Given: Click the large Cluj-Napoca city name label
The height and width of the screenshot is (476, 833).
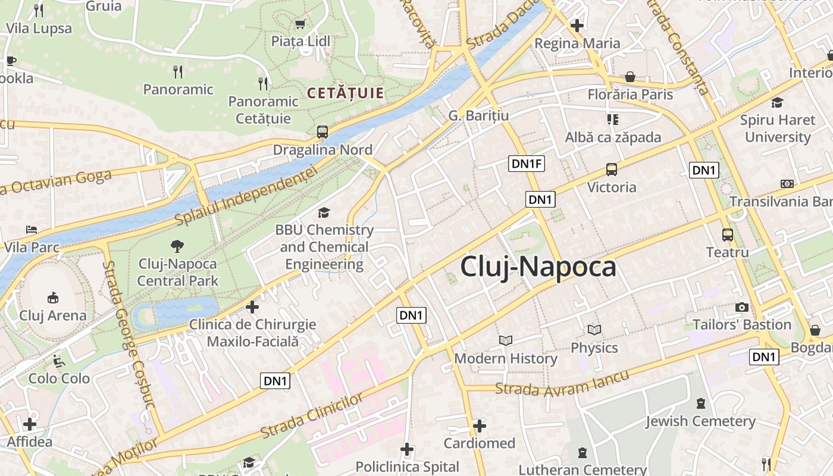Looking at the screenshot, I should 538,267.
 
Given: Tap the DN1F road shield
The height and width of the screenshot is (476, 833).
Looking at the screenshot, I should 527,164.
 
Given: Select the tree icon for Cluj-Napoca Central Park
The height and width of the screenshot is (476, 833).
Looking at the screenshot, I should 177,246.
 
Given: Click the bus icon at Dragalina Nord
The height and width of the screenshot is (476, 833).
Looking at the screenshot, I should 322,132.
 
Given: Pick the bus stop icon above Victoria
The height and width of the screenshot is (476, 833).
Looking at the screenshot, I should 612,170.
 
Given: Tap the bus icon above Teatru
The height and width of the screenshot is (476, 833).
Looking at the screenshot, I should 728,234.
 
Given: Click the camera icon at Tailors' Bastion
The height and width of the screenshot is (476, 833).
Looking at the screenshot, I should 741,307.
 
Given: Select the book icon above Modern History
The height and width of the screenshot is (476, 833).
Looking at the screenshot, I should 506,340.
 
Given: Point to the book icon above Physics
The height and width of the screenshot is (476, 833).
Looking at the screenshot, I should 594,330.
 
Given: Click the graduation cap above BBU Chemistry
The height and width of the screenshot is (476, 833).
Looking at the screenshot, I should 324,212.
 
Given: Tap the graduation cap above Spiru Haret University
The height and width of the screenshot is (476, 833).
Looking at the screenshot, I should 777,102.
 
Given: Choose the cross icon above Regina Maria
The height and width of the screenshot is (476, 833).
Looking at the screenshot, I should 577,26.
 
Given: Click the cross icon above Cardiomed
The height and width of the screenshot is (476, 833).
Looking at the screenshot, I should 480,426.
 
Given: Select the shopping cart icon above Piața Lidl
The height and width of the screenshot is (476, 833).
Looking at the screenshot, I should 300,24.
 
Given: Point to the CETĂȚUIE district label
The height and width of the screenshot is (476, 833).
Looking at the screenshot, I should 345,93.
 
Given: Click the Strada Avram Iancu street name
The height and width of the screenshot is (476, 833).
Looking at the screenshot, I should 562,383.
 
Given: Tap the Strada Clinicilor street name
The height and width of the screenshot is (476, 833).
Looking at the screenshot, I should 312,415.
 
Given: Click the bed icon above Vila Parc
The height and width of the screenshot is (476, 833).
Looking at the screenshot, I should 32,229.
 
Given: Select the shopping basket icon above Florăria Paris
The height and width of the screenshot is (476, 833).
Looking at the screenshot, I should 630,77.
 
